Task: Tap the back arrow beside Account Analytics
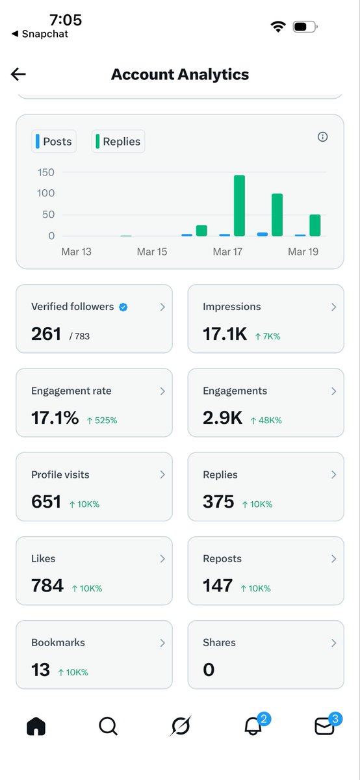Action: coord(18,74)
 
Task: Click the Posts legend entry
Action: coord(54,141)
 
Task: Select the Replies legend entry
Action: coord(118,141)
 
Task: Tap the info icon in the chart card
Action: coord(322,136)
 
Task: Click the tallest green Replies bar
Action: coord(239,205)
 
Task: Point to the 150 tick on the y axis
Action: coord(45,172)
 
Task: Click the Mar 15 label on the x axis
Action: coord(151,252)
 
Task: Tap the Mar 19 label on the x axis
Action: coord(303,252)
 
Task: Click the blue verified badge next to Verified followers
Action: coord(123,307)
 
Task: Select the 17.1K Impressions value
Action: coord(225,334)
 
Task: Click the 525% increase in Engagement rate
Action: coord(102,421)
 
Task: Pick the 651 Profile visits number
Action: coord(46,502)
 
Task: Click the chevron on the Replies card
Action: coord(333,475)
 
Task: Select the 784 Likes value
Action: coord(47,586)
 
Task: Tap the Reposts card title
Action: coord(222,559)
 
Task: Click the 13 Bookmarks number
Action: coord(40,669)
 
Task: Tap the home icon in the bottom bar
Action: coord(36,726)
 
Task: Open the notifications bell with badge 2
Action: coord(253,726)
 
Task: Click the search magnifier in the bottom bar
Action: coord(108,726)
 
